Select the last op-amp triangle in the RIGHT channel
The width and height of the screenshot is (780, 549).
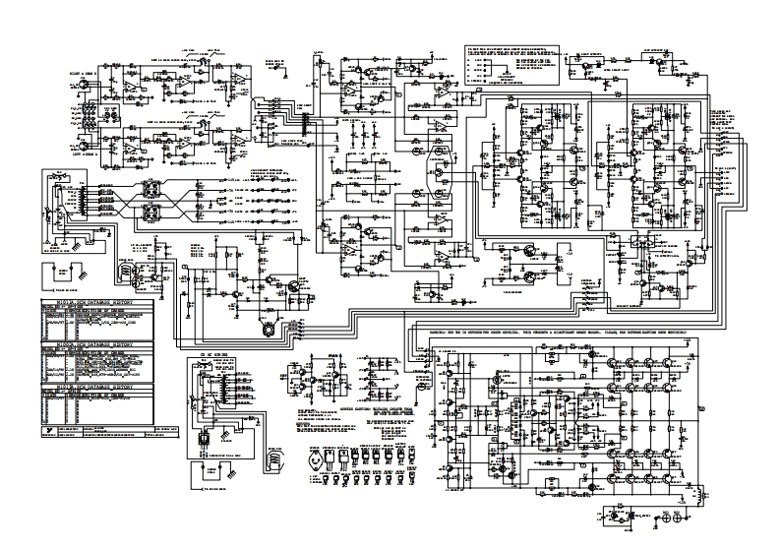(238, 78)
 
